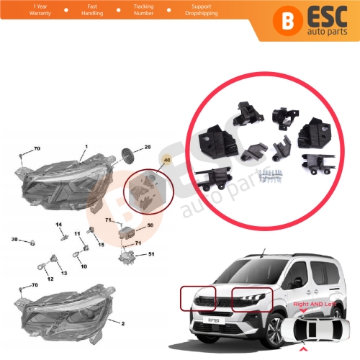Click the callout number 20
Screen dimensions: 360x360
(x=147, y=147)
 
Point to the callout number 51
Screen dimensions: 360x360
(x=151, y=254)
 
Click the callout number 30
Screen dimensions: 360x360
(x=14, y=239)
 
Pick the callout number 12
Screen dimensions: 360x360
(x=50, y=279)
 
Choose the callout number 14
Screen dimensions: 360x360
(x=59, y=225)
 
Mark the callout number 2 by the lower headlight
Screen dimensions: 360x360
(x=122, y=325)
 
